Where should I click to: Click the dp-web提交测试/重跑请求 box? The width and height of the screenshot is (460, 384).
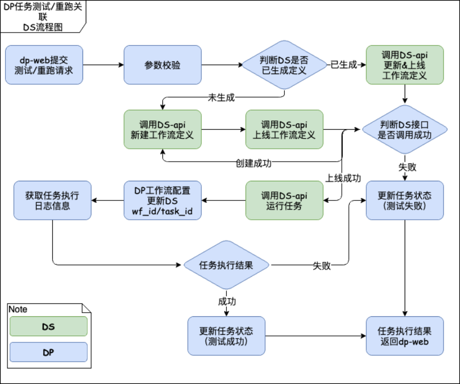[45, 65]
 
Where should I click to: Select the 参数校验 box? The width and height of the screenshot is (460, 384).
[162, 65]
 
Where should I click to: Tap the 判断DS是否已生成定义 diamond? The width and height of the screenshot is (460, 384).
[284, 65]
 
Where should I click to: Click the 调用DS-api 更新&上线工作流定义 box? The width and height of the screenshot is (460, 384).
[405, 65]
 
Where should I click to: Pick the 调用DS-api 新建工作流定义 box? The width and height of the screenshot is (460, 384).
[162, 130]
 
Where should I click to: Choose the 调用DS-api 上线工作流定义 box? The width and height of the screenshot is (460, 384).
[284, 130]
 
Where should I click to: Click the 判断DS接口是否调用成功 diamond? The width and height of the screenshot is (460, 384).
[405, 130]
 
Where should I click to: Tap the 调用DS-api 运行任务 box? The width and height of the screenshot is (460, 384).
[284, 200]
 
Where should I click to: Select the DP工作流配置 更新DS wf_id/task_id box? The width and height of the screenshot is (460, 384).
[162, 200]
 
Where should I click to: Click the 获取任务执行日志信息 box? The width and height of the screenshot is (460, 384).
[52, 200]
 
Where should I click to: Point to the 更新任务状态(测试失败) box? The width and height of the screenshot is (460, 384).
[405, 200]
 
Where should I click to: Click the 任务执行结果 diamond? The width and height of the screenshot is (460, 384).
[226, 265]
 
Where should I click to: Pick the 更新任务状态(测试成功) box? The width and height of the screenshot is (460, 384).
[226, 336]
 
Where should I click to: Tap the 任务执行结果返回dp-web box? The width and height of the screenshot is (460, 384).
[405, 336]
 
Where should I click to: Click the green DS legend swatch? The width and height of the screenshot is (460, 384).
[48, 326]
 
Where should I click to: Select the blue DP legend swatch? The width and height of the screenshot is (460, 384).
[48, 352]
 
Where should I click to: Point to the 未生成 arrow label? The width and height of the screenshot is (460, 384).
[221, 97]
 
